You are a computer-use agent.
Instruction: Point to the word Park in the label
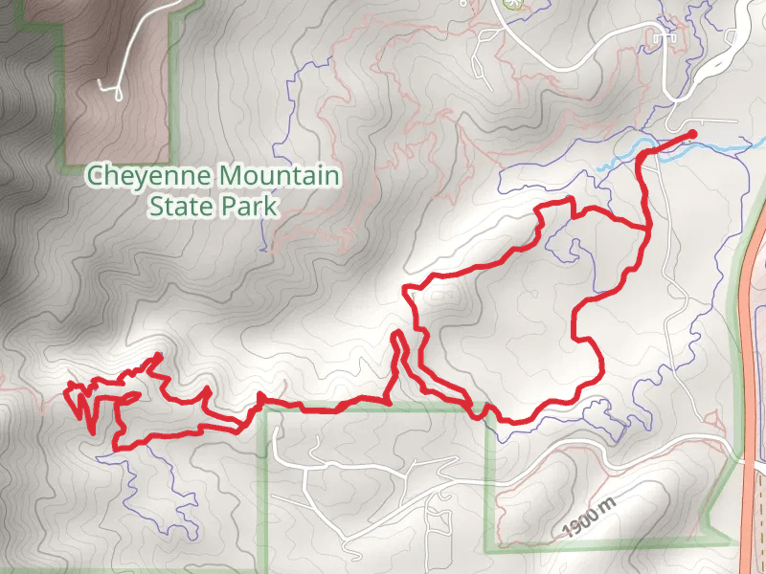coord(248,205)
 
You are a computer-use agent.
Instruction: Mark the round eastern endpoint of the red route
coord(692,133)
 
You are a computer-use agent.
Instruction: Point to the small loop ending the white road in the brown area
coord(117,92)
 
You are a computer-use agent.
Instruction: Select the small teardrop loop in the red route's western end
coord(128,396)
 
